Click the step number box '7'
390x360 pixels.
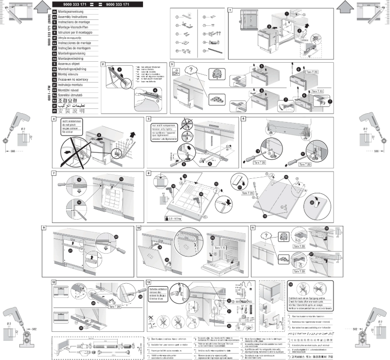tap(53, 173)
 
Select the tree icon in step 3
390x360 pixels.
tap(216, 75)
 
